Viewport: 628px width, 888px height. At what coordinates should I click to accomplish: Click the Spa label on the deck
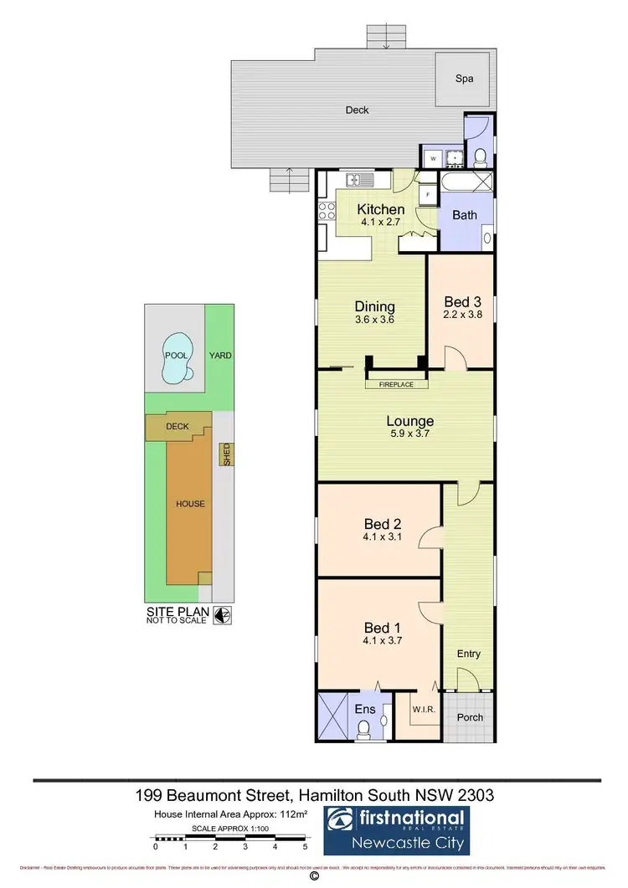click(x=464, y=79)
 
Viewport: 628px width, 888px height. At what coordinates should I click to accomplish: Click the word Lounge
click(x=409, y=421)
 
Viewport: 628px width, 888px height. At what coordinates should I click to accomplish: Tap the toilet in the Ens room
click(x=364, y=731)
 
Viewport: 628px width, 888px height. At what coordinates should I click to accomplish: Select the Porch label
click(x=470, y=717)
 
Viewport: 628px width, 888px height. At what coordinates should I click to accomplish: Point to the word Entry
click(x=469, y=654)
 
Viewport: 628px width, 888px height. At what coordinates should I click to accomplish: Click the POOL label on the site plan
click(x=176, y=355)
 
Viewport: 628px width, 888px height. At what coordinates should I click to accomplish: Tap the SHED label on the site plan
click(x=225, y=454)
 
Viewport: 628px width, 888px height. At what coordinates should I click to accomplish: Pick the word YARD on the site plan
click(x=221, y=355)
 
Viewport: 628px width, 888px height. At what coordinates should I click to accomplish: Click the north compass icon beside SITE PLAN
click(x=223, y=615)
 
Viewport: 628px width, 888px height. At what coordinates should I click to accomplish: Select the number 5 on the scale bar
click(x=306, y=847)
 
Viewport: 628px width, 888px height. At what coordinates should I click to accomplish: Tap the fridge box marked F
click(x=428, y=194)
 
